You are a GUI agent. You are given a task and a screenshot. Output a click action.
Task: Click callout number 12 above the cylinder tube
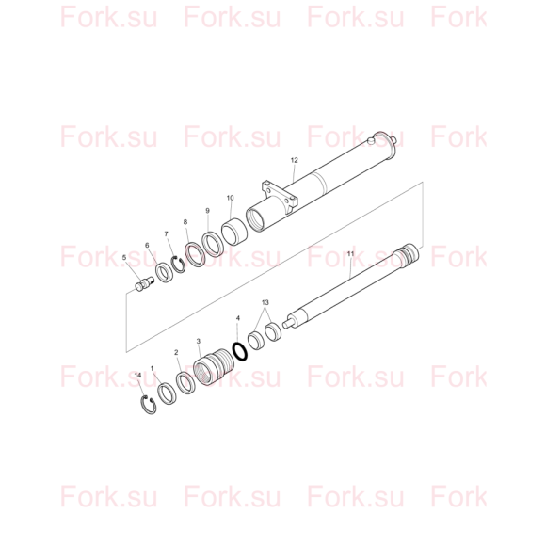click(295, 160)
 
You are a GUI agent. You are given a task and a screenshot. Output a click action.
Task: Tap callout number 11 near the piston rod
click(350, 254)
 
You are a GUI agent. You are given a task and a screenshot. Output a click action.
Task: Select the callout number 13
click(265, 302)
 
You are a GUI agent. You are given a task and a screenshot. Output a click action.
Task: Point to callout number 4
click(238, 318)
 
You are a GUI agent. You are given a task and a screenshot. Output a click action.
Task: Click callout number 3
click(199, 341)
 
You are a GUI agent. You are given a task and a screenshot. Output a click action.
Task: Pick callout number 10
click(231, 198)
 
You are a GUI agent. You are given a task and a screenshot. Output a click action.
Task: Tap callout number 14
click(137, 375)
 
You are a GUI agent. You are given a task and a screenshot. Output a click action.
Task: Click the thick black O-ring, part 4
click(240, 351)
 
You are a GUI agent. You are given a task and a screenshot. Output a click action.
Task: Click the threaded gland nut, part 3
click(213, 367)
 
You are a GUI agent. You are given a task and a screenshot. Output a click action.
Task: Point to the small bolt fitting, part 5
click(144, 283)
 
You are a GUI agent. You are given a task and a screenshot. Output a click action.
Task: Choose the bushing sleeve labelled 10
click(234, 232)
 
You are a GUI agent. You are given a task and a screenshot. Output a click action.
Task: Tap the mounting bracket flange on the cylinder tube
click(281, 197)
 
